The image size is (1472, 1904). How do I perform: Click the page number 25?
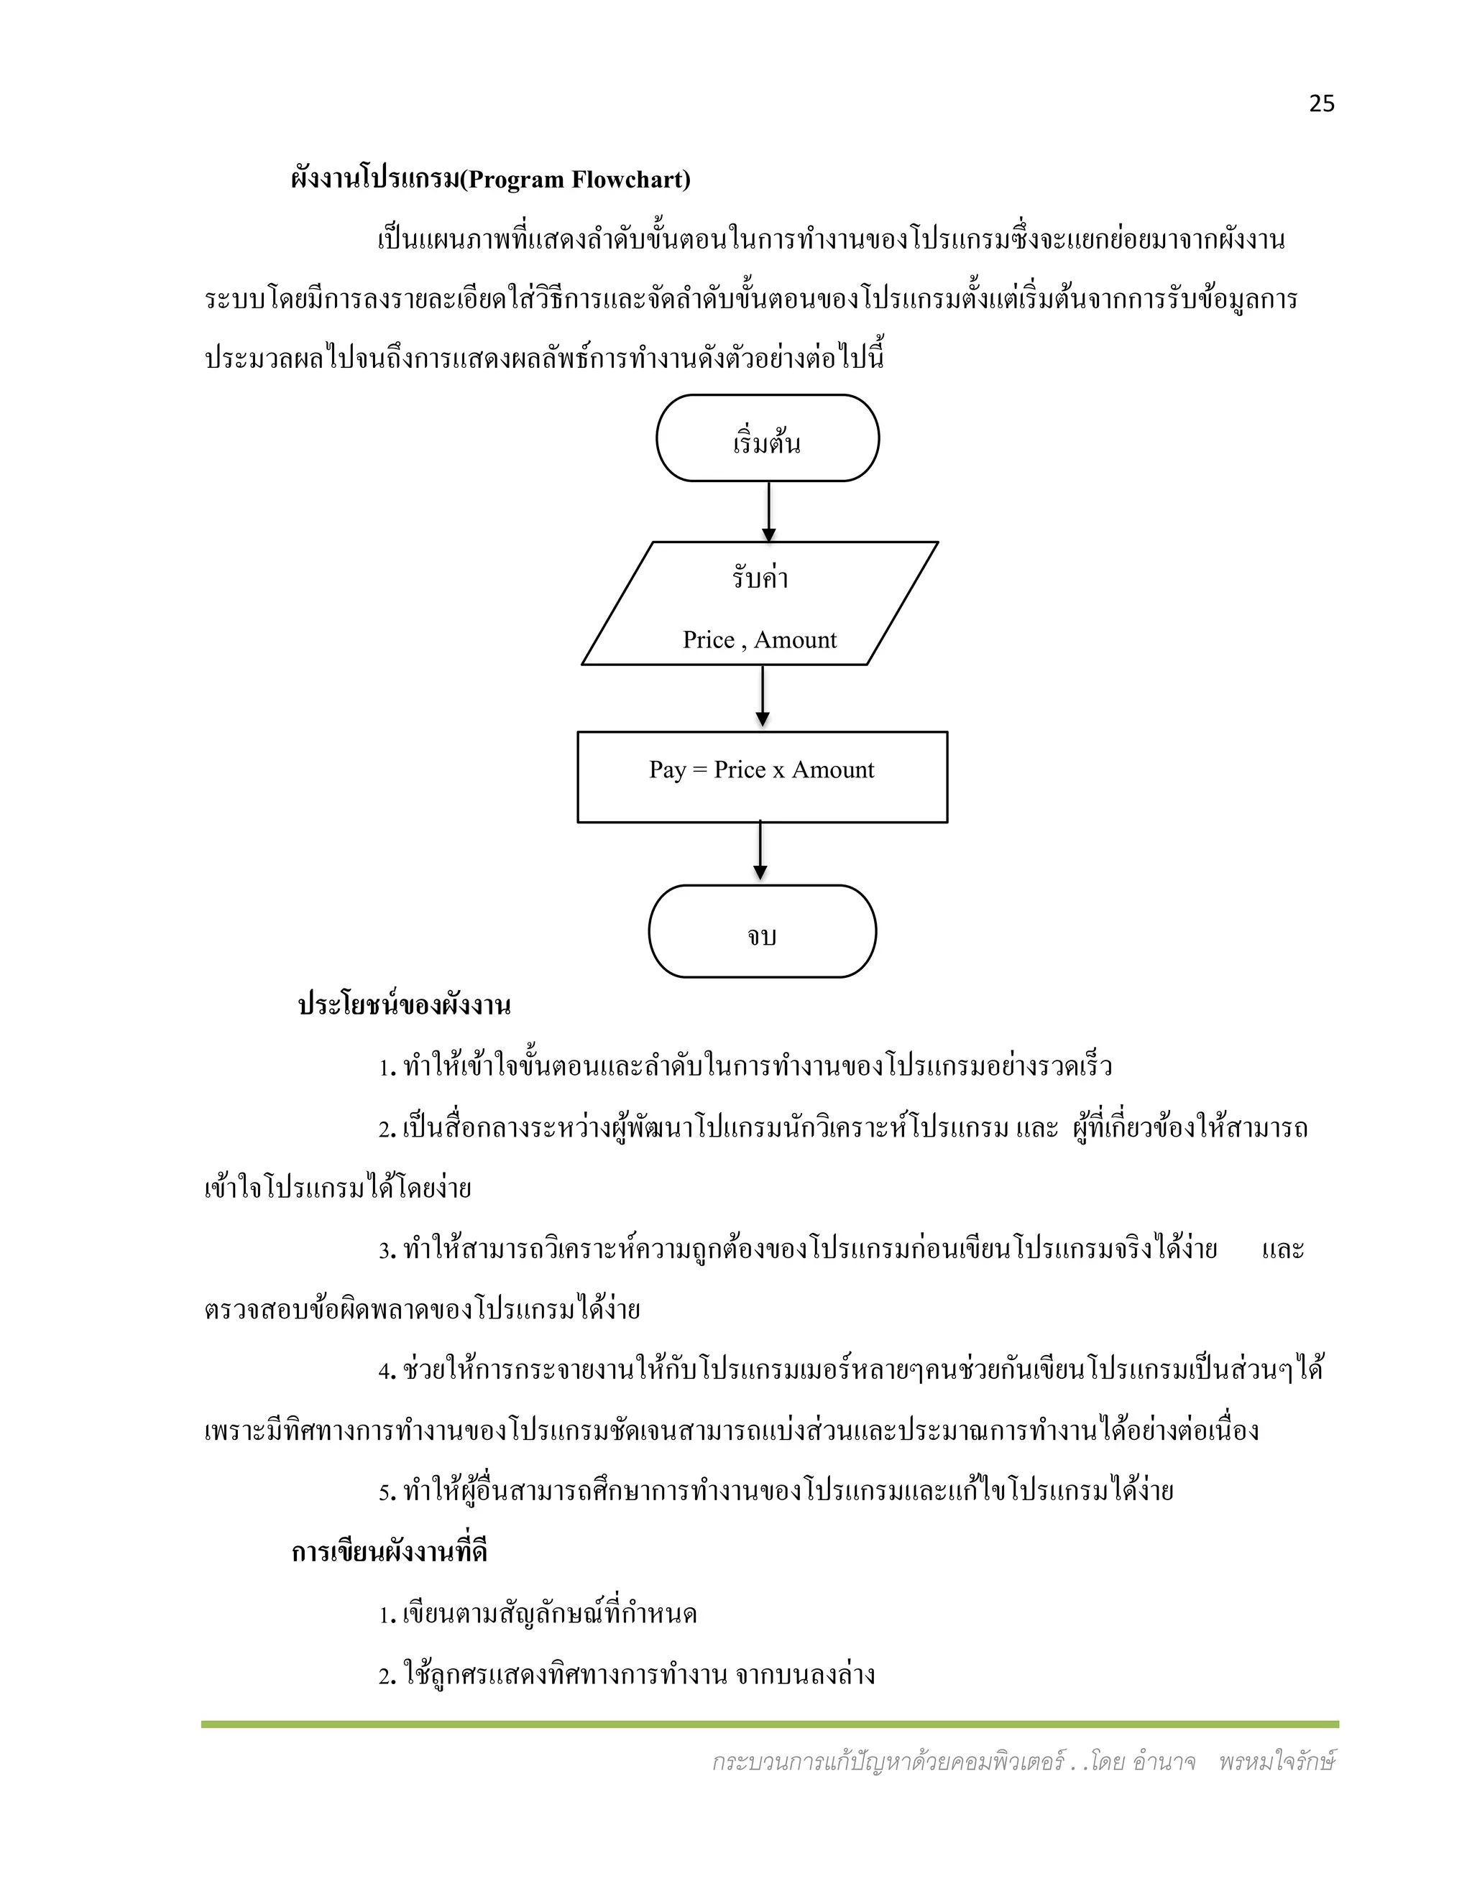[1321, 103]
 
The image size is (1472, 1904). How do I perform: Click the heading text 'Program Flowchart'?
[576, 180]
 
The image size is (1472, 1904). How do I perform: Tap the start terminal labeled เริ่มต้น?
[768, 438]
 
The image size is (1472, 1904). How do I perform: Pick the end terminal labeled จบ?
[762, 931]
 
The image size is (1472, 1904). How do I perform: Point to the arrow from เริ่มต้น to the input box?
[768, 512]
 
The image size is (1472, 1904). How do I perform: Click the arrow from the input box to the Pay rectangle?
[763, 696]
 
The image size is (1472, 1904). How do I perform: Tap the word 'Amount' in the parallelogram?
[796, 641]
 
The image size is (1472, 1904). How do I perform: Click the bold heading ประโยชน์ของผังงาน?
[404, 1005]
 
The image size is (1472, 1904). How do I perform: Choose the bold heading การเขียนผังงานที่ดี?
[389, 1553]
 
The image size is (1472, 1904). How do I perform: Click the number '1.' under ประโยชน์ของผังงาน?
[387, 1068]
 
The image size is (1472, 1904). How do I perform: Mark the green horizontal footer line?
[769, 1724]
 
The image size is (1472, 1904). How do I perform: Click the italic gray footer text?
[1023, 1762]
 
